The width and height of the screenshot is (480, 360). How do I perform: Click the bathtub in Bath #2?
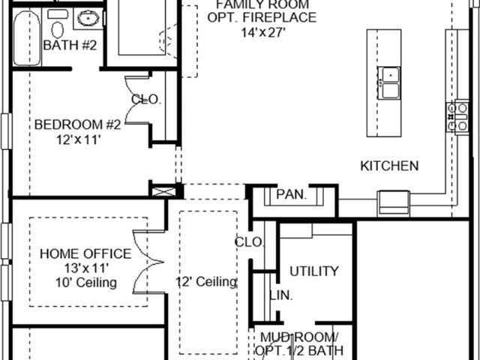[27, 38]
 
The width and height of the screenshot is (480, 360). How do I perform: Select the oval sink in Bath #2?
[88, 19]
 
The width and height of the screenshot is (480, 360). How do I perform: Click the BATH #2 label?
[70, 46]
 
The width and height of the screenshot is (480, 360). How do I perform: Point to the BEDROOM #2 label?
[78, 125]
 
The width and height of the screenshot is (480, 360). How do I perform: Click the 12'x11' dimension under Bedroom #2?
[79, 140]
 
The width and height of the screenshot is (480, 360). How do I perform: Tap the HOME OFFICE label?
[85, 254]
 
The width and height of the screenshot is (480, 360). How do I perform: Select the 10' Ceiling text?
[86, 283]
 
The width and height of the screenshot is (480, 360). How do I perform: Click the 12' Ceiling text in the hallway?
[206, 282]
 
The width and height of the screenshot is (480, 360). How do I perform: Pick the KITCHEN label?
[389, 166]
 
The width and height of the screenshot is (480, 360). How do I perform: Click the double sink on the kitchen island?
[388, 83]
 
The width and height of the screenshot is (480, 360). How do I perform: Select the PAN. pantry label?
[291, 194]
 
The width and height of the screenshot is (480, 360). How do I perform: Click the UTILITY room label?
[314, 271]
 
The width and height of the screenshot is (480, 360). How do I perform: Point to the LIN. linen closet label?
[281, 295]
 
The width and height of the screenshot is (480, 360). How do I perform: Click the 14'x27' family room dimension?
[263, 32]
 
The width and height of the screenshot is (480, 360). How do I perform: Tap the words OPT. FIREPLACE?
[262, 17]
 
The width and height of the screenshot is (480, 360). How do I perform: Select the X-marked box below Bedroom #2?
[164, 192]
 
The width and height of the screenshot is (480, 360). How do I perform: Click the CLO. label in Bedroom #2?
[146, 100]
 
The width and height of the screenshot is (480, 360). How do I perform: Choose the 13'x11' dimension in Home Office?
[87, 268]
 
